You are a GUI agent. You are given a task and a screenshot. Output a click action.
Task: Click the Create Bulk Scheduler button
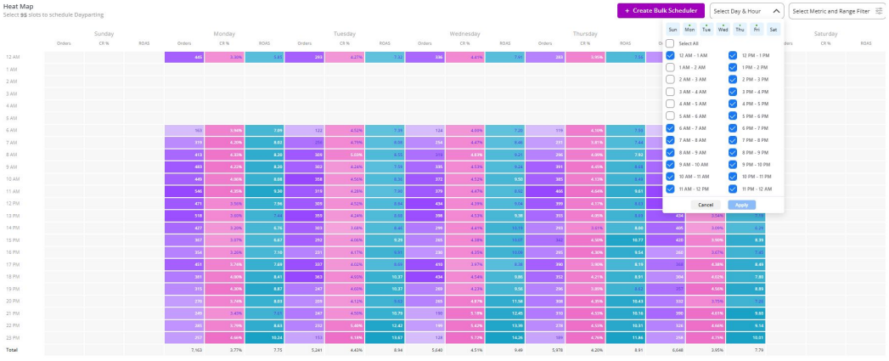661,10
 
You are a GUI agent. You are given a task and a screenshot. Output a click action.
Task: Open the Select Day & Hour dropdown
746,11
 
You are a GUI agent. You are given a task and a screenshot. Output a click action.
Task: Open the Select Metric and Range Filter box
836,11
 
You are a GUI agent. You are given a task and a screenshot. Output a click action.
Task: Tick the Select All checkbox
671,43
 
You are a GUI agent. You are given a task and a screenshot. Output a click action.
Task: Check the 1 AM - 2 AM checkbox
671,67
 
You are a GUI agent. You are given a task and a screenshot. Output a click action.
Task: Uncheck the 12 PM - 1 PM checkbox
732,55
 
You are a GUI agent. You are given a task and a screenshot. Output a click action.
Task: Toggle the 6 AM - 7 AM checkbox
671,128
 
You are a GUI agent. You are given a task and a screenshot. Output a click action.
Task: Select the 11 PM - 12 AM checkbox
732,189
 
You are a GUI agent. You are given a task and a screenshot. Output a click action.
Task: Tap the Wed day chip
723,29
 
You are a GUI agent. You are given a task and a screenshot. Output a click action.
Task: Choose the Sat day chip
773,29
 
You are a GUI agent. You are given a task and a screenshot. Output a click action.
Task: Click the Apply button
741,205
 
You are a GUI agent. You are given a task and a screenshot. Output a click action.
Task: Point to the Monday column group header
225,34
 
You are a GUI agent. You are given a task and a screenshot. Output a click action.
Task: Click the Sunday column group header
104,34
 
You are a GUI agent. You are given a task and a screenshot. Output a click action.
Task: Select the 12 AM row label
13,57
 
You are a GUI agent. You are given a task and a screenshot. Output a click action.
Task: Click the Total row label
11,349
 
